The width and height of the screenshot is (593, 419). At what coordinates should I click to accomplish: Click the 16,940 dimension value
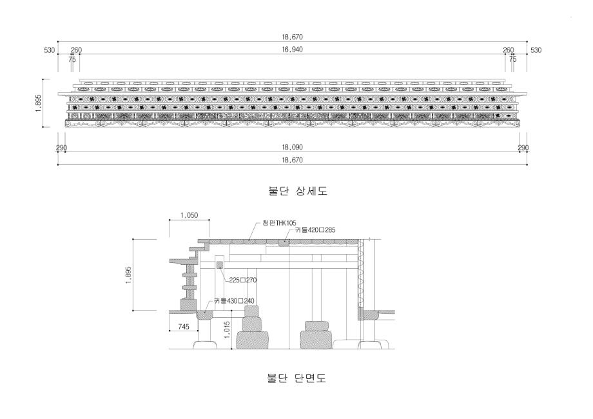(x=292, y=50)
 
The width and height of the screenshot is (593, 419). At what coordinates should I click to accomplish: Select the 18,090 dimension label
(x=292, y=147)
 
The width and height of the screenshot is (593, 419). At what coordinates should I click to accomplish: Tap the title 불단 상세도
(x=298, y=191)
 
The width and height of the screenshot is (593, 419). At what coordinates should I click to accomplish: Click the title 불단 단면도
(x=296, y=378)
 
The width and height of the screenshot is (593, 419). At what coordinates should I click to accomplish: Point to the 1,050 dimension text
(x=189, y=215)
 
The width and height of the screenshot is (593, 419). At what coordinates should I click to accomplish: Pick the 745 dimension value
(x=184, y=326)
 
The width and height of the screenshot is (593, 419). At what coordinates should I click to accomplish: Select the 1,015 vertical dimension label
(x=226, y=330)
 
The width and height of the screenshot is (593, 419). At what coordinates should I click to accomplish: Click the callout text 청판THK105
(x=280, y=223)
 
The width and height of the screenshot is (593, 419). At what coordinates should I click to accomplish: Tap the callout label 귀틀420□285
(x=315, y=229)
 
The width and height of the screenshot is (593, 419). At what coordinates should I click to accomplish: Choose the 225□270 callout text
(x=243, y=280)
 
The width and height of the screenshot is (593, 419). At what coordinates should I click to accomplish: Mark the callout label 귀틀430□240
(x=234, y=301)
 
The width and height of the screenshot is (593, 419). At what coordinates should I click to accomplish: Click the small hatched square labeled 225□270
(x=220, y=265)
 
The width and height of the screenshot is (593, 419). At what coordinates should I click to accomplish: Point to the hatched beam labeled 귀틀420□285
(x=284, y=242)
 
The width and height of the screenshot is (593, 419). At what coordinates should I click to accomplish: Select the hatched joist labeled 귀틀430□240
(x=204, y=315)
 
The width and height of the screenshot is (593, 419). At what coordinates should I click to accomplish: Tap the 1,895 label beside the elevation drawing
(x=38, y=103)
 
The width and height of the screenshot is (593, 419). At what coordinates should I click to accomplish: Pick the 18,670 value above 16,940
(x=292, y=37)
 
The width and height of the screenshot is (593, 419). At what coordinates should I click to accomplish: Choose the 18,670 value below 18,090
(x=292, y=160)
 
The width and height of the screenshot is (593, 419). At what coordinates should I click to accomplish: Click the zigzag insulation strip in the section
(x=361, y=273)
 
